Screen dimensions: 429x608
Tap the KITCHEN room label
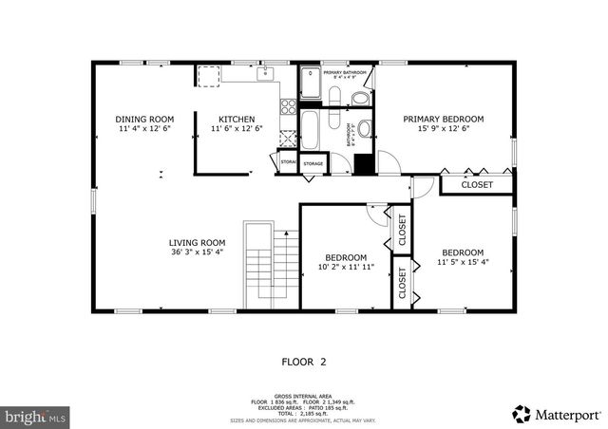click(236, 119)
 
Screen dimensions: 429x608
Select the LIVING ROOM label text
click(197, 242)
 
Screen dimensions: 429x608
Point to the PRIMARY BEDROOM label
click(444, 119)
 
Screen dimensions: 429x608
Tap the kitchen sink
click(263, 74)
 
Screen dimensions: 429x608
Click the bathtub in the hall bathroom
click(312, 126)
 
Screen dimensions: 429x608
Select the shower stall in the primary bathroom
click(311, 84)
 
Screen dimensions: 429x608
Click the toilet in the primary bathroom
click(361, 99)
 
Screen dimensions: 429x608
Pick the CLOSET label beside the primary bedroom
click(477, 185)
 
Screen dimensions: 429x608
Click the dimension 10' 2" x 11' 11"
click(346, 268)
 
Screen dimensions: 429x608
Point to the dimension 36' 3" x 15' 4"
click(197, 252)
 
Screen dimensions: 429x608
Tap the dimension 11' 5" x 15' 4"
click(463, 262)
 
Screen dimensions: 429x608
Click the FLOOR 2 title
click(304, 362)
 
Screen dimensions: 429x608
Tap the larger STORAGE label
click(313, 164)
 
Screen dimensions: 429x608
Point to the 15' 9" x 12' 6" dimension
click(444, 129)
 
